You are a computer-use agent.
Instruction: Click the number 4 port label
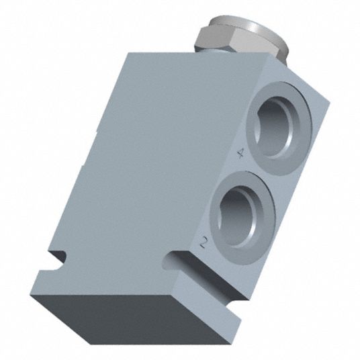pyautogui.click(x=240, y=153)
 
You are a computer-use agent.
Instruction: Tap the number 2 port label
pyautogui.click(x=203, y=242)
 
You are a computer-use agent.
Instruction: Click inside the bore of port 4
pyautogui.click(x=274, y=127)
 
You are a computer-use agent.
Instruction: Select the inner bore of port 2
pyautogui.click(x=236, y=216)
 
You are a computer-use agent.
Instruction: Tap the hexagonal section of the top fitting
pyautogui.click(x=215, y=39)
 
